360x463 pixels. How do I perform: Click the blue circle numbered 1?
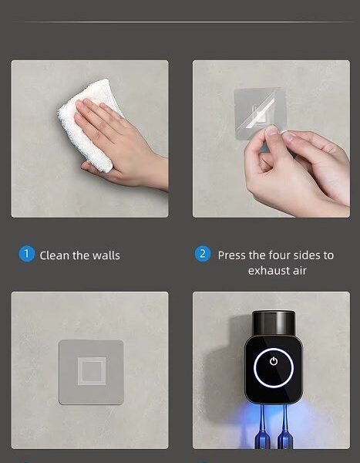point(26,254)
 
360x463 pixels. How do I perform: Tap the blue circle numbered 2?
point(203,254)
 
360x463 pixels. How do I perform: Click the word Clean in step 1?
point(55,255)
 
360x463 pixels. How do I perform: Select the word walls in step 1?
point(106,255)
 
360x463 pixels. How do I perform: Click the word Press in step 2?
point(232,255)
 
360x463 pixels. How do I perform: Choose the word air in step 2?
point(300,271)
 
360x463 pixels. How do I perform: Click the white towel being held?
point(89,124)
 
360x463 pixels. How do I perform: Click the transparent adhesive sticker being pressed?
point(260,112)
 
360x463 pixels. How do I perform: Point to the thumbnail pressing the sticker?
point(272,130)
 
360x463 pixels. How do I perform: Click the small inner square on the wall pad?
point(92,371)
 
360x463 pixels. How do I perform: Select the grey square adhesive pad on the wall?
point(91,372)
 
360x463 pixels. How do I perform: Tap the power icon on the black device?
point(274,361)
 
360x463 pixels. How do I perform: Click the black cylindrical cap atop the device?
point(274,323)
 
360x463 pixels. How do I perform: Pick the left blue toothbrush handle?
point(262,428)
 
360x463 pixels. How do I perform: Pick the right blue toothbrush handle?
point(284,428)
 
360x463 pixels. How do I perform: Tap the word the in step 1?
point(80,255)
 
